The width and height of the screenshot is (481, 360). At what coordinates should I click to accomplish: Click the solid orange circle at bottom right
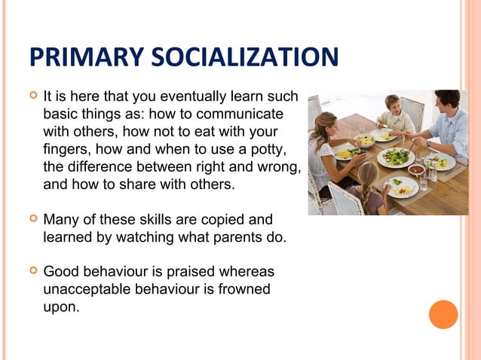click(443, 314)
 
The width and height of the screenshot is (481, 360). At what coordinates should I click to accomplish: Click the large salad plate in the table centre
click(395, 157)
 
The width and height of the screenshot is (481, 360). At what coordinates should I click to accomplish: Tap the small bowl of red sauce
click(417, 170)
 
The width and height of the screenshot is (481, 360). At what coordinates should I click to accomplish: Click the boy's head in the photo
click(392, 104)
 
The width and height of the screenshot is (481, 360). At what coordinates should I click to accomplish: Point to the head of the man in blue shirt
click(446, 101)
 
